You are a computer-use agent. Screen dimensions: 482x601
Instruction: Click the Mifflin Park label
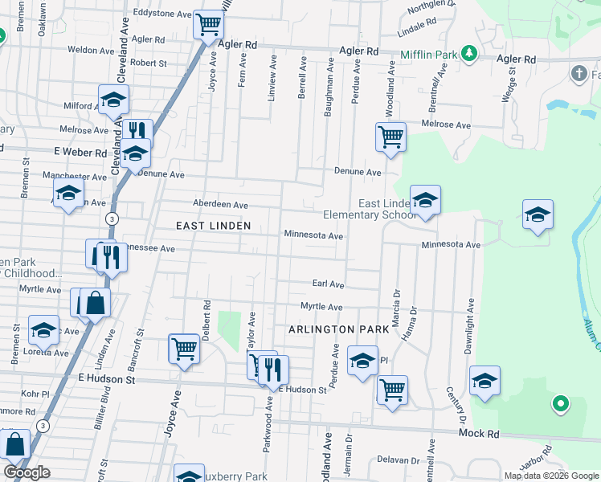click(429, 55)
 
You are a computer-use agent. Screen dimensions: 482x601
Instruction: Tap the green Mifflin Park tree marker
click(468, 55)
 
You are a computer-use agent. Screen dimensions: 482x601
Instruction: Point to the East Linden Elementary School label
click(369, 210)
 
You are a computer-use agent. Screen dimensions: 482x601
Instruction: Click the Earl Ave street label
click(328, 284)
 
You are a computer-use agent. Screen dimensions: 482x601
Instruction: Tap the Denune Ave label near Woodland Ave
click(358, 172)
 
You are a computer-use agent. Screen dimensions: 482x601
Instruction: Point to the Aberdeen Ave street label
click(219, 205)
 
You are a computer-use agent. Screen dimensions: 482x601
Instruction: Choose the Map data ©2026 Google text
click(551, 476)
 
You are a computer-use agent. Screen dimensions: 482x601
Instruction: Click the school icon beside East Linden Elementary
click(424, 200)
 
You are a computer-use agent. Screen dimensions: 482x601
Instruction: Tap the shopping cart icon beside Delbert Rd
click(184, 349)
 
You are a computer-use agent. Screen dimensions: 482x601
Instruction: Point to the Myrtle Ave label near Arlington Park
click(321, 307)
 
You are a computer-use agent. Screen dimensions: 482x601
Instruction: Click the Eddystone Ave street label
click(162, 14)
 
